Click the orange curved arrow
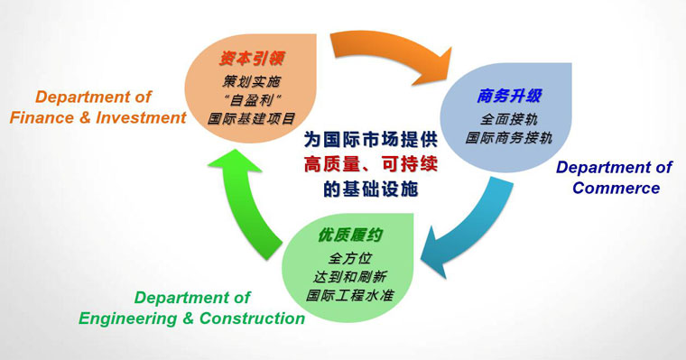tap(389, 52)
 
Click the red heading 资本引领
tap(252, 58)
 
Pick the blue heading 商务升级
tap(509, 96)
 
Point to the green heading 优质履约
tap(350, 235)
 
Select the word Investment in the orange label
tap(141, 117)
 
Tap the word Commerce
tap(616, 188)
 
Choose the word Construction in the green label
tap(253, 318)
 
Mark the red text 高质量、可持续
tap(371, 164)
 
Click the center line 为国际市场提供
tap(371, 140)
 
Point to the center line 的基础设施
tap(371, 189)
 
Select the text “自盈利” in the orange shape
tap(252, 100)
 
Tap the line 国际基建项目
tap(252, 118)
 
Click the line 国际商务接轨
tap(509, 138)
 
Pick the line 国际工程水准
tap(349, 295)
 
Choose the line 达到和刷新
tap(349, 276)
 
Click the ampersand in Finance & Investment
tap(85, 118)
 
